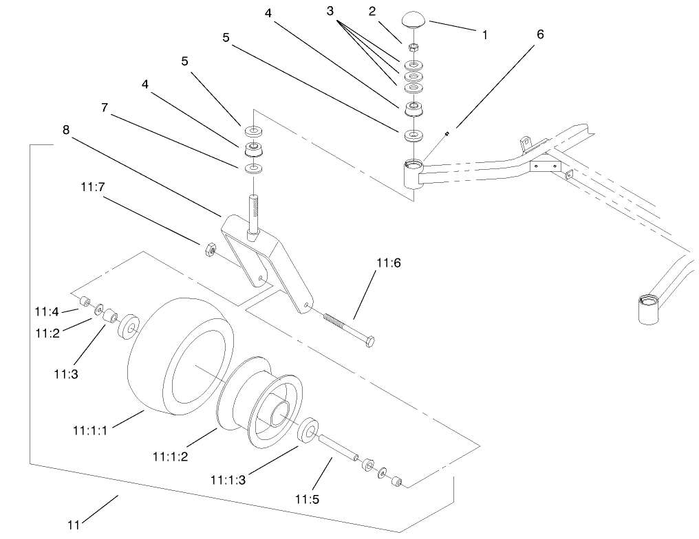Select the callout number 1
pos(485,34)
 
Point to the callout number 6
pos(540,34)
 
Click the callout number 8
pos(66,129)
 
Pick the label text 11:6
pos(387,263)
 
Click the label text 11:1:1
pos(90,430)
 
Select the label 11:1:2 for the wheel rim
pos(171,455)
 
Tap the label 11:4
pos(47,312)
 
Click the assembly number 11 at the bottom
pos(75,525)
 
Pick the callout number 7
pos(105,107)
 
